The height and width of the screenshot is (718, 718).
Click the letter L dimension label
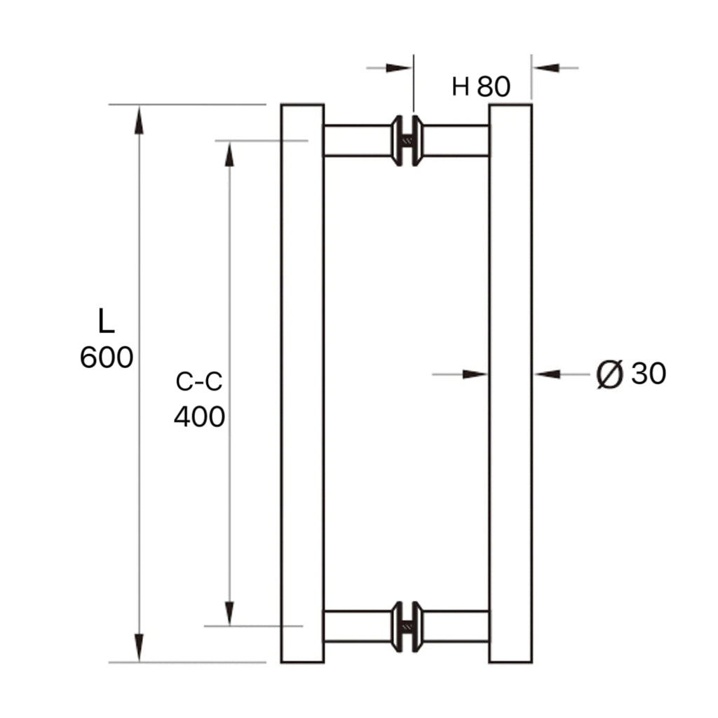[x=106, y=321]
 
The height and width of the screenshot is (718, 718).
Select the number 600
[x=107, y=358]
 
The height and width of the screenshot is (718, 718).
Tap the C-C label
[x=199, y=382]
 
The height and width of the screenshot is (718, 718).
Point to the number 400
[x=199, y=417]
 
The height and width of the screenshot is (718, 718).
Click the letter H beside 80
[x=460, y=87]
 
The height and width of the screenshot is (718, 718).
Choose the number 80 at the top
[x=494, y=87]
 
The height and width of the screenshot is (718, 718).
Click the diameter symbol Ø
[x=609, y=374]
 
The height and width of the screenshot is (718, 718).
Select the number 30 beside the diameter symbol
[x=649, y=374]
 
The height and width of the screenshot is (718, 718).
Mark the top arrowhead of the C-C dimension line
[x=229, y=154]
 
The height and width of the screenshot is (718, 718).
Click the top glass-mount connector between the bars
[x=407, y=141]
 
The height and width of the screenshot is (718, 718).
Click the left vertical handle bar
[x=302, y=383]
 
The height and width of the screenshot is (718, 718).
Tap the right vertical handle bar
[x=510, y=383]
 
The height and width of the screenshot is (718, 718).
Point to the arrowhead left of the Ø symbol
[x=548, y=374]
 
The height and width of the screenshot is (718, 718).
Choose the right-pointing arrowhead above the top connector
[x=399, y=68]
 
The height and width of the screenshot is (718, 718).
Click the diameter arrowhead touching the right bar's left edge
[x=475, y=374]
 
